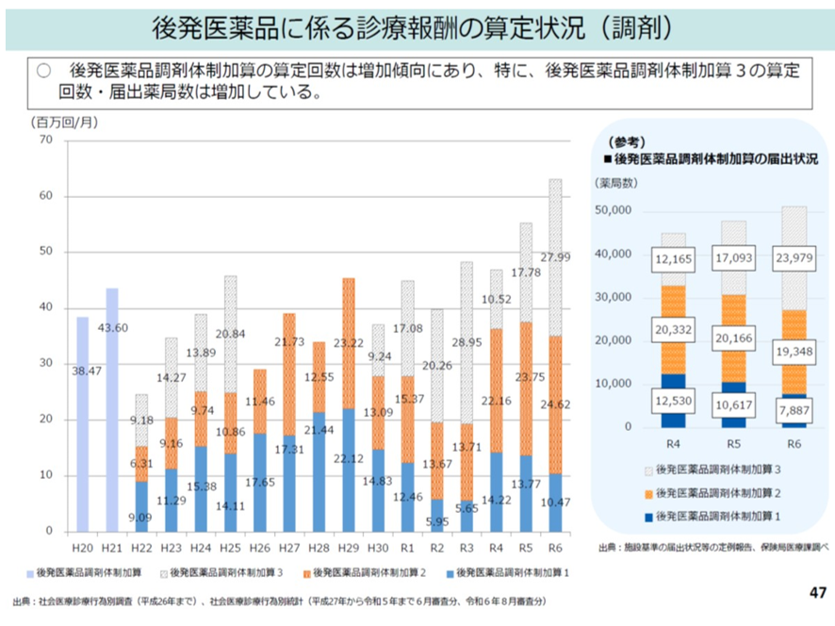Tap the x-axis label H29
[349, 547]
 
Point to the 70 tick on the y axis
[45, 140]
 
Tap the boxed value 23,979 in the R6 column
[794, 256]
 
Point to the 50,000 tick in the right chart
[614, 210]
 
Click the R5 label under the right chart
[733, 441]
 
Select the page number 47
[816, 593]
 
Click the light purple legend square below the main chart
[30, 572]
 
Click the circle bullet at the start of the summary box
[42, 71]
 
